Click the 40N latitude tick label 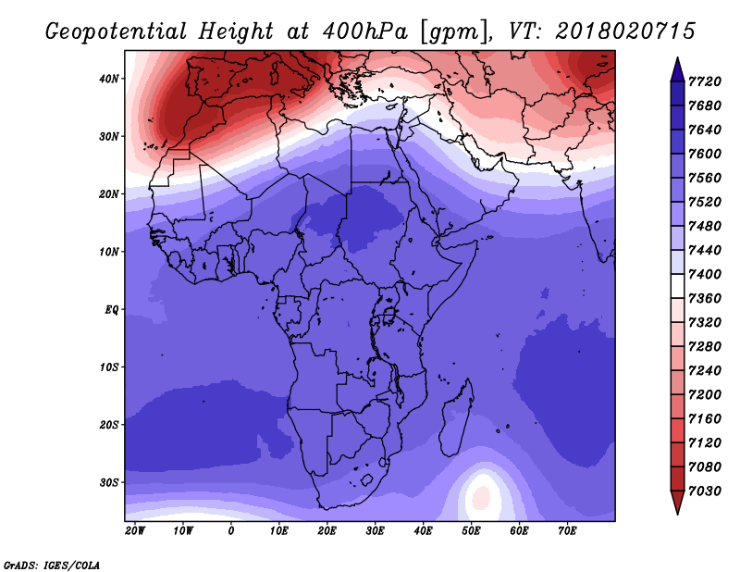109,79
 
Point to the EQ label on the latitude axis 111,309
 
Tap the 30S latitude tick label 109,482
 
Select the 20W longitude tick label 135,530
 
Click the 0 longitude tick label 231,530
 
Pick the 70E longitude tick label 568,530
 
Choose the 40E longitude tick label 424,530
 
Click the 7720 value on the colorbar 708,81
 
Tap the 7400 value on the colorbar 708,275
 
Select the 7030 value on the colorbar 708,492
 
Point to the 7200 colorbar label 708,395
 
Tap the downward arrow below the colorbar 676,504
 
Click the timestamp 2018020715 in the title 625,31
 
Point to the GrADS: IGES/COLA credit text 51,564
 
